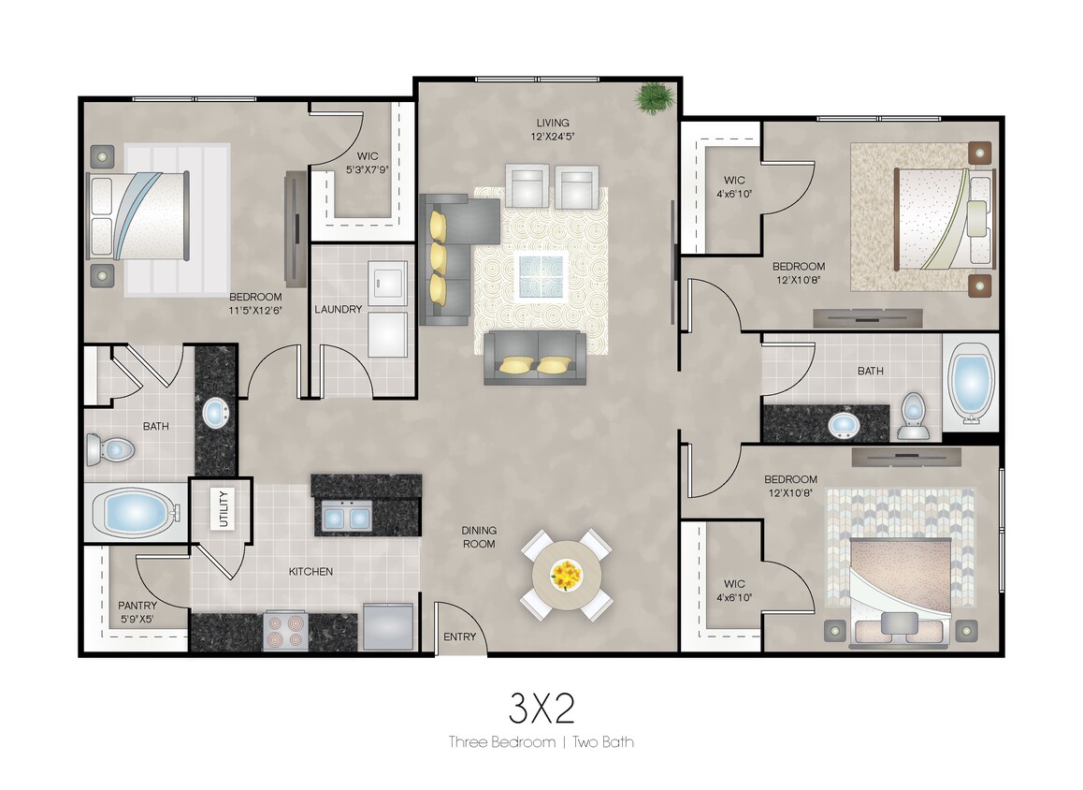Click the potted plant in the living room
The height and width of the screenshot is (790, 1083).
(653, 97)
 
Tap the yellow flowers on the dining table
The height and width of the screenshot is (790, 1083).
(566, 572)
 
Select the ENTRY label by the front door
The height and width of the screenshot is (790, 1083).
(459, 637)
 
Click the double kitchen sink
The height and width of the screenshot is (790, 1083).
(345, 516)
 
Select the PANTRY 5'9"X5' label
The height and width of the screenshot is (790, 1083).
(137, 611)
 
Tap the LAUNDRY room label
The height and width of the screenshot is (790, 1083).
(338, 310)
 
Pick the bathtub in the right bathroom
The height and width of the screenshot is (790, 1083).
(970, 383)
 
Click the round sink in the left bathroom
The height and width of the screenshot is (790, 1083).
(215, 412)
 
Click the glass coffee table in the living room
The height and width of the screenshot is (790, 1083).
(541, 275)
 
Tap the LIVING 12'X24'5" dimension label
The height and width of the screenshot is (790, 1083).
(553, 129)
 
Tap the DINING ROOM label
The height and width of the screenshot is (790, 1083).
(478, 536)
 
